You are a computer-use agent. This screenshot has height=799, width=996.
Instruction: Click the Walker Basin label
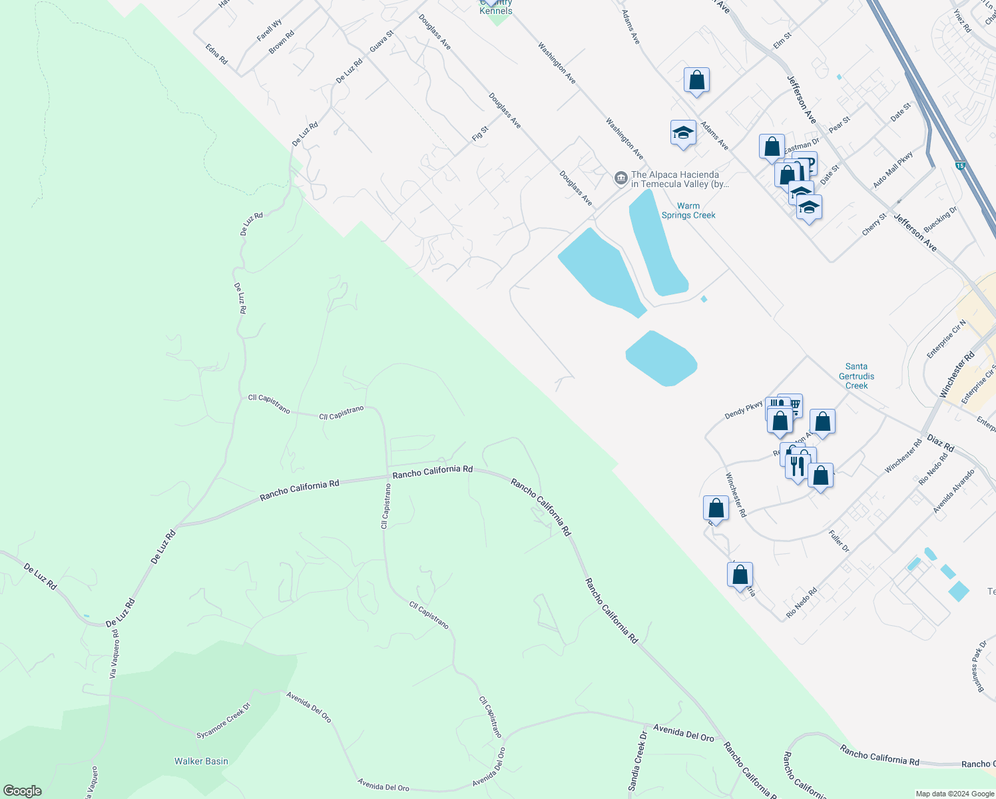201,761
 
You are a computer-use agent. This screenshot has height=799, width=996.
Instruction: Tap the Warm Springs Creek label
688,210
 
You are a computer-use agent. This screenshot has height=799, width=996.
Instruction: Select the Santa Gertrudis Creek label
856,376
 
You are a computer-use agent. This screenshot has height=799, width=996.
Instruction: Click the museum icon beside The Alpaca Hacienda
621,178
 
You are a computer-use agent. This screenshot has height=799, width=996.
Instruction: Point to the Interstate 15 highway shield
959,164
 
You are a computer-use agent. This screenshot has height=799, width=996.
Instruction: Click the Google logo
22,791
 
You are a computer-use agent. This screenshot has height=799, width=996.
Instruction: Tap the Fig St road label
480,133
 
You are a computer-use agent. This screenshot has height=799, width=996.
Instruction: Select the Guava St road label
381,42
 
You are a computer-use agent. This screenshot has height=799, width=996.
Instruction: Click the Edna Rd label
216,54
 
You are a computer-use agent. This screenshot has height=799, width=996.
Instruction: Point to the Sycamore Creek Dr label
223,721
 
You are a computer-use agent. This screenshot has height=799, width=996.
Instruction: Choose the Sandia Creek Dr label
638,761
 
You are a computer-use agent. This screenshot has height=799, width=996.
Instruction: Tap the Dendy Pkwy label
744,409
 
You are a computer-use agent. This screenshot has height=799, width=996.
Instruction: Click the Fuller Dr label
839,541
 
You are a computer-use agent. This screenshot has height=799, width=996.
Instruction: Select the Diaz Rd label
940,443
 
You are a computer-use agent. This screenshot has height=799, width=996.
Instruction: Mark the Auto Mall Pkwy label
893,170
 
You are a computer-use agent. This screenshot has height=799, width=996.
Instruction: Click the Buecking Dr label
940,219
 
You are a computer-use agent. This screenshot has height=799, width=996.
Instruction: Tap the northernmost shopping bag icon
696,81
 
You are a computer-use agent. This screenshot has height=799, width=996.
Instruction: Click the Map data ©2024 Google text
954,794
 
